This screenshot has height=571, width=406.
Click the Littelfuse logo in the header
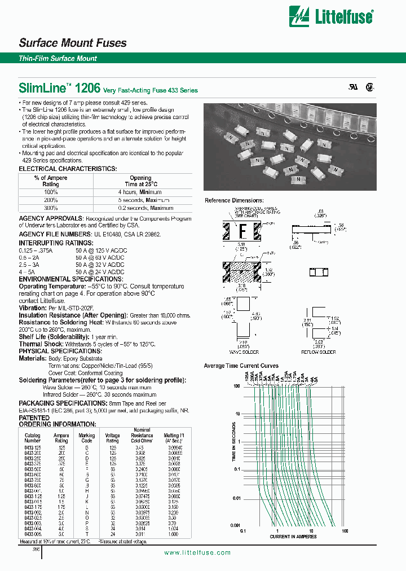coord(330,16)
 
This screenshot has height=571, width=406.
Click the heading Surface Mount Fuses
coord(73,43)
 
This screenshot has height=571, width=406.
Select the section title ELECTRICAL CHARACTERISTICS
coord(68,169)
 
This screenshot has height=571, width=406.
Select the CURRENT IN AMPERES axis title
coord(293,535)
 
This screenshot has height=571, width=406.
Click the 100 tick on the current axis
coord(345,531)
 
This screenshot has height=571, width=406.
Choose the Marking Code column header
coord(86,438)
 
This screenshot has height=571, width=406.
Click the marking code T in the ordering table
coord(86,534)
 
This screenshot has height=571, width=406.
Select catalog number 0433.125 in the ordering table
coord(33,446)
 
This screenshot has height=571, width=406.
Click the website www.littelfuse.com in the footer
coord(197,553)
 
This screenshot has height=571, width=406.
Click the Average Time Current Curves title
coord(241,366)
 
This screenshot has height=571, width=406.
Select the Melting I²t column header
coord(174,438)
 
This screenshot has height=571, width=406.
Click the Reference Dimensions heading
coord(233,200)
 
